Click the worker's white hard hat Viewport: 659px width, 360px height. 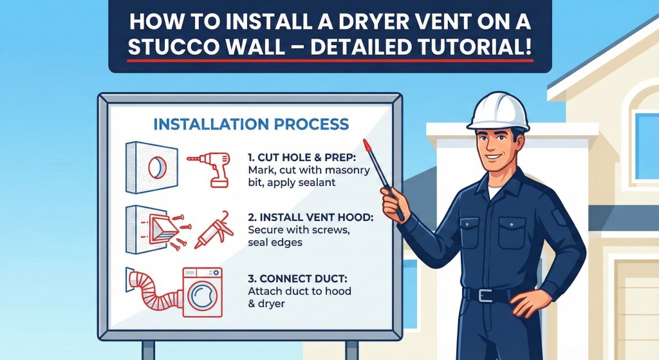(499, 111)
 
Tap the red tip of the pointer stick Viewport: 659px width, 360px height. (367, 145)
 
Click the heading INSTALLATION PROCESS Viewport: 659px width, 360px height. (251, 124)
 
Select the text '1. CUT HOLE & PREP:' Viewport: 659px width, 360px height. (302, 158)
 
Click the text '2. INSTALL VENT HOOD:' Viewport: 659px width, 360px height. (311, 218)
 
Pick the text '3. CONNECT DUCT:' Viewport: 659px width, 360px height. (297, 279)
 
